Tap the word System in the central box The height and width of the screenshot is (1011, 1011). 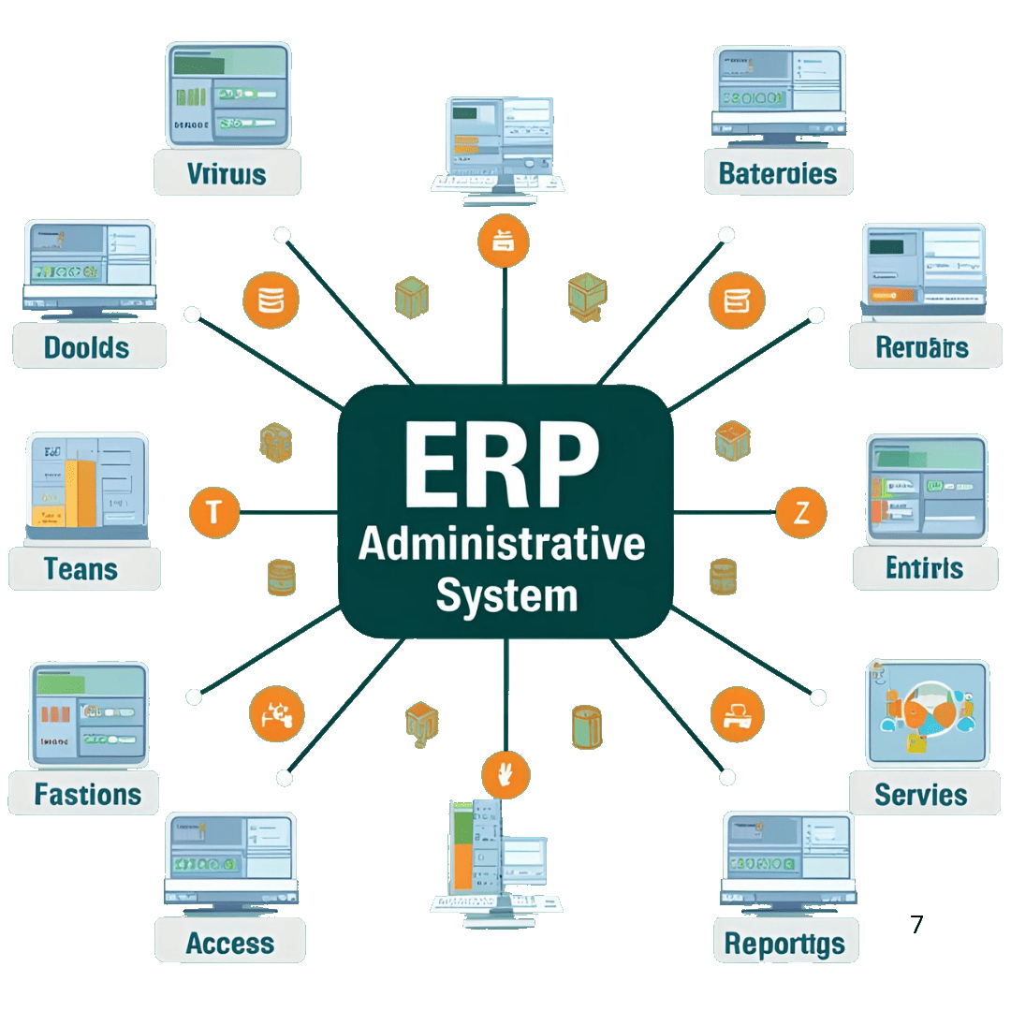pos(506,595)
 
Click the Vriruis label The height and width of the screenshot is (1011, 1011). pos(227,173)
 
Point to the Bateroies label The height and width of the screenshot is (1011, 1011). pos(778,173)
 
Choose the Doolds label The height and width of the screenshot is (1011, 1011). pos(87,347)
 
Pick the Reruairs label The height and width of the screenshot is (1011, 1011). pos(921,347)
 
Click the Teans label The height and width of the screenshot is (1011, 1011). pos(81,568)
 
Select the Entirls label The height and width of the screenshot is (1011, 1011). pos(924,567)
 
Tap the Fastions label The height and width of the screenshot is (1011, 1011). pos(87,795)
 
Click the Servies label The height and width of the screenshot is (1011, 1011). pos(920,795)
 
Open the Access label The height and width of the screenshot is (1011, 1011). pos(229,944)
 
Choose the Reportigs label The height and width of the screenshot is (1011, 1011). pos(784,945)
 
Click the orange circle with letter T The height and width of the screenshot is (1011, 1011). pos(214,512)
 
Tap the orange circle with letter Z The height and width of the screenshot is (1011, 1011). pos(801,512)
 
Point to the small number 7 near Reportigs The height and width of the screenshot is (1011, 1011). pos(916,925)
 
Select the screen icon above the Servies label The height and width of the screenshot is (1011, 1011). pos(928,711)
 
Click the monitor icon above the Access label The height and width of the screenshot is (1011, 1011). pos(230,858)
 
